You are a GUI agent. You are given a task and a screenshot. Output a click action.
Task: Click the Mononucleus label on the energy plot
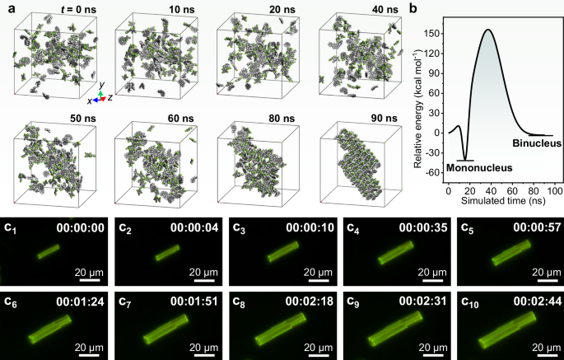[478, 168]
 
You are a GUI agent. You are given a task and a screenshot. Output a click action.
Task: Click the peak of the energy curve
[487, 30]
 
